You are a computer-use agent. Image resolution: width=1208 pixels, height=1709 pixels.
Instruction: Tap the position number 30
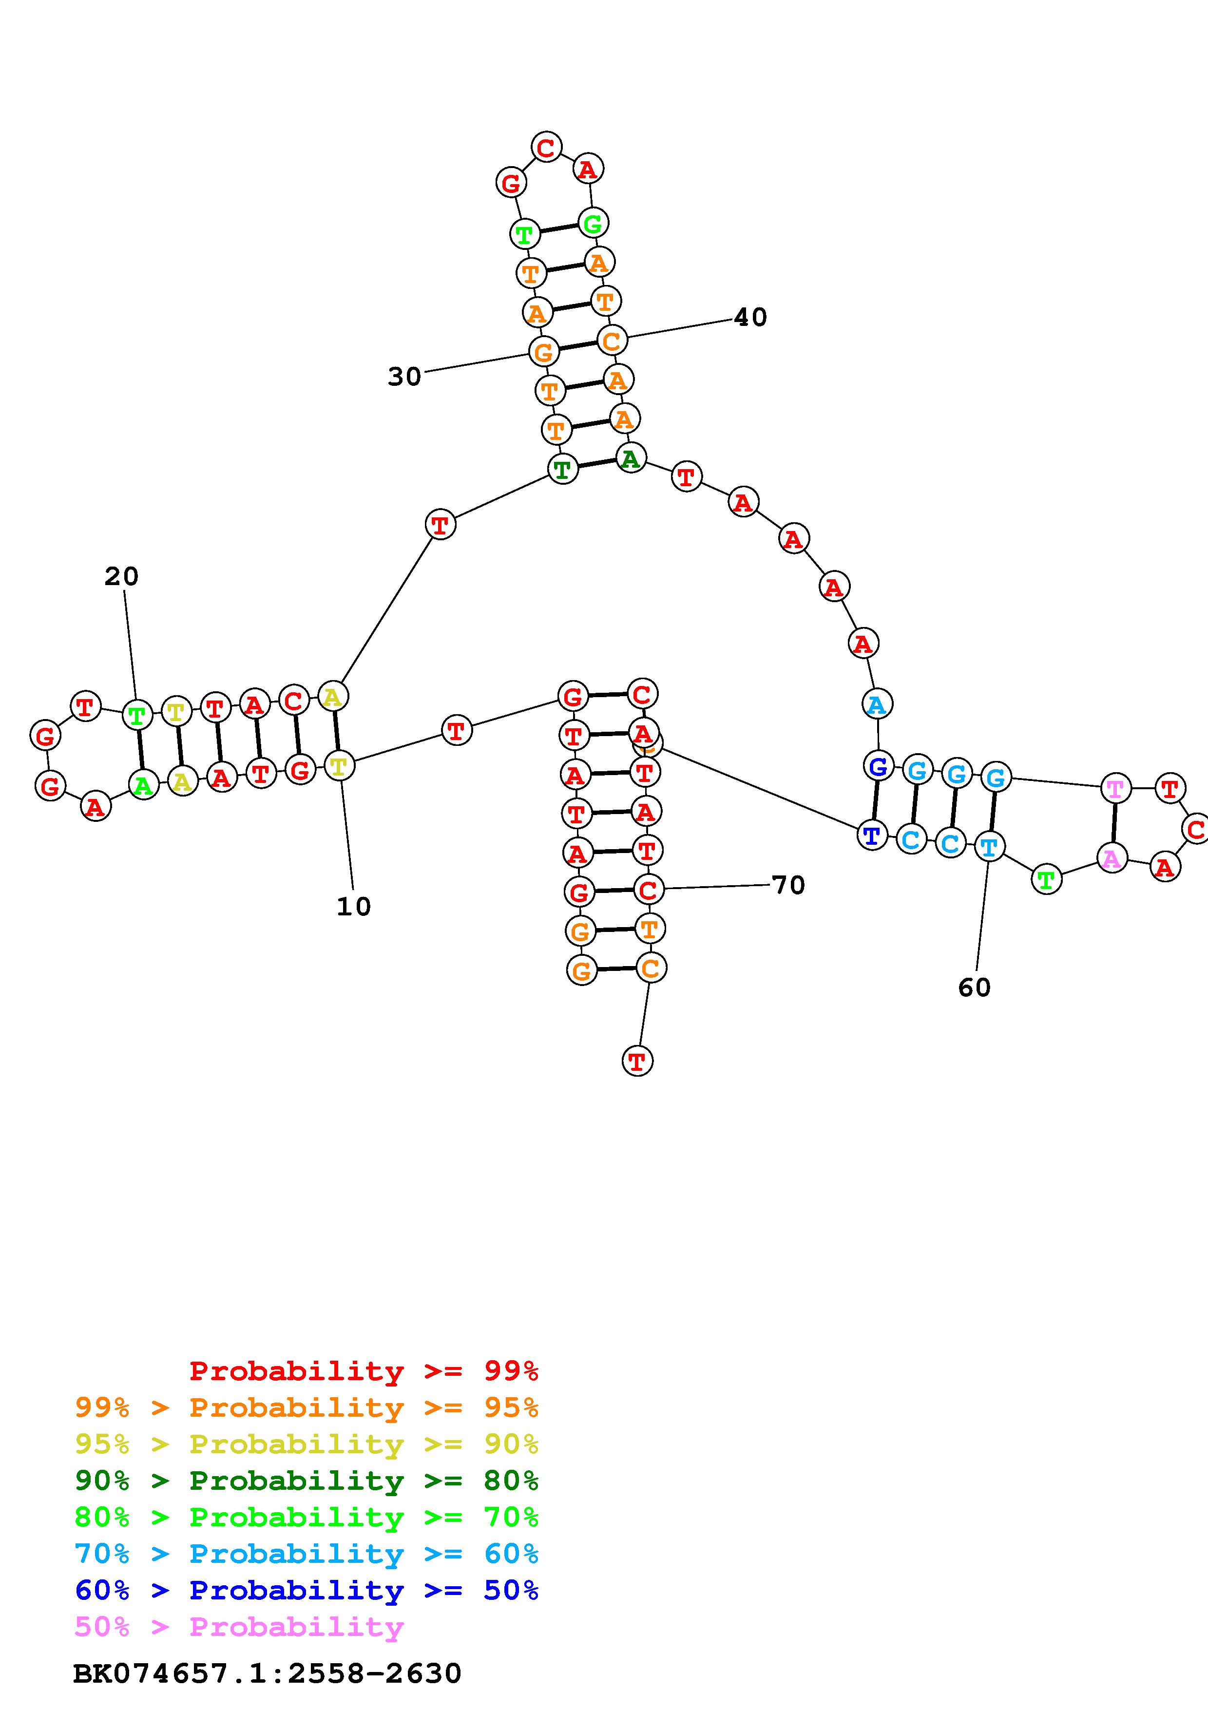[404, 377]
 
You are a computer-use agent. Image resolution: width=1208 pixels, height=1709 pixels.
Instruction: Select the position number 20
[121, 576]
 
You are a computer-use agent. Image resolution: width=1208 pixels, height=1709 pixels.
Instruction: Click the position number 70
[788, 885]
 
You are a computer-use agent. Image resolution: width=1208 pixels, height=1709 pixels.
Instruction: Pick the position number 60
[974, 987]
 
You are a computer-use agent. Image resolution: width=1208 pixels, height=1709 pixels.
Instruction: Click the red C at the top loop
[546, 148]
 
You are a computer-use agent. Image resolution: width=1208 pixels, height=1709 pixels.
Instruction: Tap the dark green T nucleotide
[563, 469]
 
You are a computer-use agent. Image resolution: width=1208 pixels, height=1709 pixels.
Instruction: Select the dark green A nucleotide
[631, 458]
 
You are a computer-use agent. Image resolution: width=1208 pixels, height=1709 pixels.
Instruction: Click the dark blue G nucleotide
[878, 766]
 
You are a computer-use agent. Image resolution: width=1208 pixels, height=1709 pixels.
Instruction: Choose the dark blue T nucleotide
[872, 835]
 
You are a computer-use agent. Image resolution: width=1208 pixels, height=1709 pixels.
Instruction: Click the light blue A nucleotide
[877, 703]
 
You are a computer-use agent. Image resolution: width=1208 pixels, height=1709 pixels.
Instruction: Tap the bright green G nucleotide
[593, 223]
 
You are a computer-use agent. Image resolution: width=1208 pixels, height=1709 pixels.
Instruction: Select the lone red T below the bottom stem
[636, 1061]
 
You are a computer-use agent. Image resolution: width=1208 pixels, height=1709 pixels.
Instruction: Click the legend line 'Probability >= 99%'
[364, 1371]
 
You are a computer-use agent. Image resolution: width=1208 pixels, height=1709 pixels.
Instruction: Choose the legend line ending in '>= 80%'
[307, 1481]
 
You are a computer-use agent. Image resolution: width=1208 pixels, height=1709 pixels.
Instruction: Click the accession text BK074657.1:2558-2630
[267, 1674]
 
